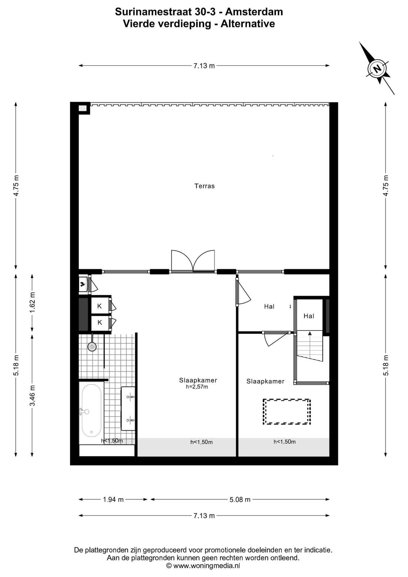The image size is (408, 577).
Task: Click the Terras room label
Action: tap(204, 186)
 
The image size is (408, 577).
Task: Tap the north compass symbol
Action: tap(377, 69)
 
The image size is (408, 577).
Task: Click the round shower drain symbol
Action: tap(92, 347)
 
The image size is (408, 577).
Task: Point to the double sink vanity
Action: tap(128, 408)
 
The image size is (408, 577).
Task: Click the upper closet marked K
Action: tap(100, 306)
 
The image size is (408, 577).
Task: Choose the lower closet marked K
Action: tap(100, 322)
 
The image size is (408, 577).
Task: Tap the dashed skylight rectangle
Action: tap(287, 411)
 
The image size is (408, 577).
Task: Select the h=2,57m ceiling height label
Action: tap(197, 387)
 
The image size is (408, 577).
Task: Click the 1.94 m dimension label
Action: tap(113, 499)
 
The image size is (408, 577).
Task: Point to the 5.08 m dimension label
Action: tap(240, 499)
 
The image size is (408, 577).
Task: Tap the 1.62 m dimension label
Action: tap(32, 302)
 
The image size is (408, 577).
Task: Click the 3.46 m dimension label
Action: tap(32, 395)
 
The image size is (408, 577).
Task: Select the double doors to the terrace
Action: tap(193, 261)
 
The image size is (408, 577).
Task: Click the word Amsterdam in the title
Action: tap(254, 12)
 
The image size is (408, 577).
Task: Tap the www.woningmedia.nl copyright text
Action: tap(203, 566)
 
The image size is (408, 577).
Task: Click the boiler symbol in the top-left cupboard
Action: tap(82, 284)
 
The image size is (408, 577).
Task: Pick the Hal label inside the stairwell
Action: tap(309, 316)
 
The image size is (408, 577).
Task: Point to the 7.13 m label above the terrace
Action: tap(204, 66)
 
